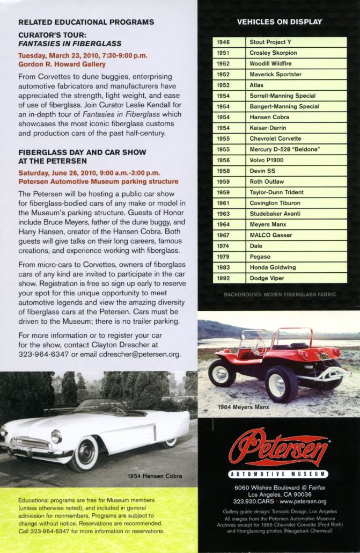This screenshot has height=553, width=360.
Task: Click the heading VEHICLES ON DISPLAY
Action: (280, 22)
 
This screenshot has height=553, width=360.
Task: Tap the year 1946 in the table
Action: (223, 42)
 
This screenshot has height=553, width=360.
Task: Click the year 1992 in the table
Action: (223, 278)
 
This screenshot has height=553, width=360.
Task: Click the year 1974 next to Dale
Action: (223, 246)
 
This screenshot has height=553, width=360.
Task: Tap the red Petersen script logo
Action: (278, 447)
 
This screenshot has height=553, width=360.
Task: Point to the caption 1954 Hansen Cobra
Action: (155, 476)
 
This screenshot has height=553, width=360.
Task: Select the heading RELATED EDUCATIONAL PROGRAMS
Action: (86, 23)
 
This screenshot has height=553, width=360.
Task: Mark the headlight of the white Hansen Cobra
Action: (56, 436)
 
